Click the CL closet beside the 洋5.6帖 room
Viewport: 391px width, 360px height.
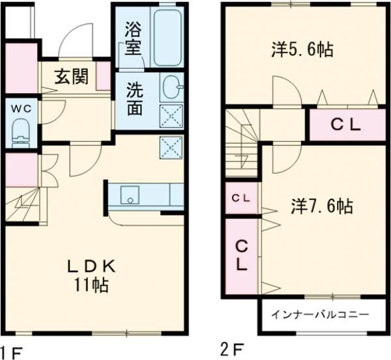(346, 126)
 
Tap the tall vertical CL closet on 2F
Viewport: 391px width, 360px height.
(241, 256)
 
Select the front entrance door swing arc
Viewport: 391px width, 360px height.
(77, 41)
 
